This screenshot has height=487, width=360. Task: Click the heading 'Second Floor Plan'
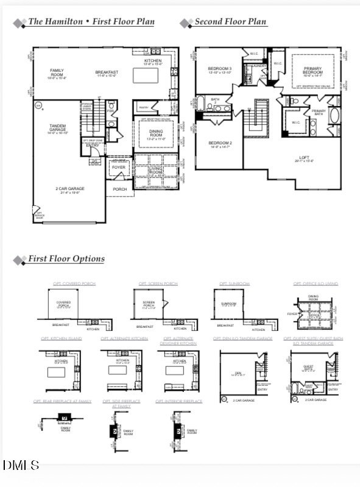[230, 22]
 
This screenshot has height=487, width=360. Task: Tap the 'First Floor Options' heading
[66, 259]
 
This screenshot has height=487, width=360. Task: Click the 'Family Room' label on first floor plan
[57, 73]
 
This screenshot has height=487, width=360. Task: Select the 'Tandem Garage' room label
[57, 128]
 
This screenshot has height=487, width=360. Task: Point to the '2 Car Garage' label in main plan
[70, 190]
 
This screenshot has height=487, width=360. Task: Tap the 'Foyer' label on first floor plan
[118, 167]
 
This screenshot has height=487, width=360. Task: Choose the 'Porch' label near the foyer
[120, 189]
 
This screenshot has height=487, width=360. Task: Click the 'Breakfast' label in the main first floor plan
[106, 73]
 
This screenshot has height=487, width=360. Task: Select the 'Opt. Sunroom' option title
[235, 283]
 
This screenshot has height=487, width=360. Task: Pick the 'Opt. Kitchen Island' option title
[61, 338]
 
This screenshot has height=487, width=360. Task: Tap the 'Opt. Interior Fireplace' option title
[179, 401]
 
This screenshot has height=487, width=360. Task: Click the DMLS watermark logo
[21, 466]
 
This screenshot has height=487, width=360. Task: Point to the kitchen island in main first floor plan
[143, 75]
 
